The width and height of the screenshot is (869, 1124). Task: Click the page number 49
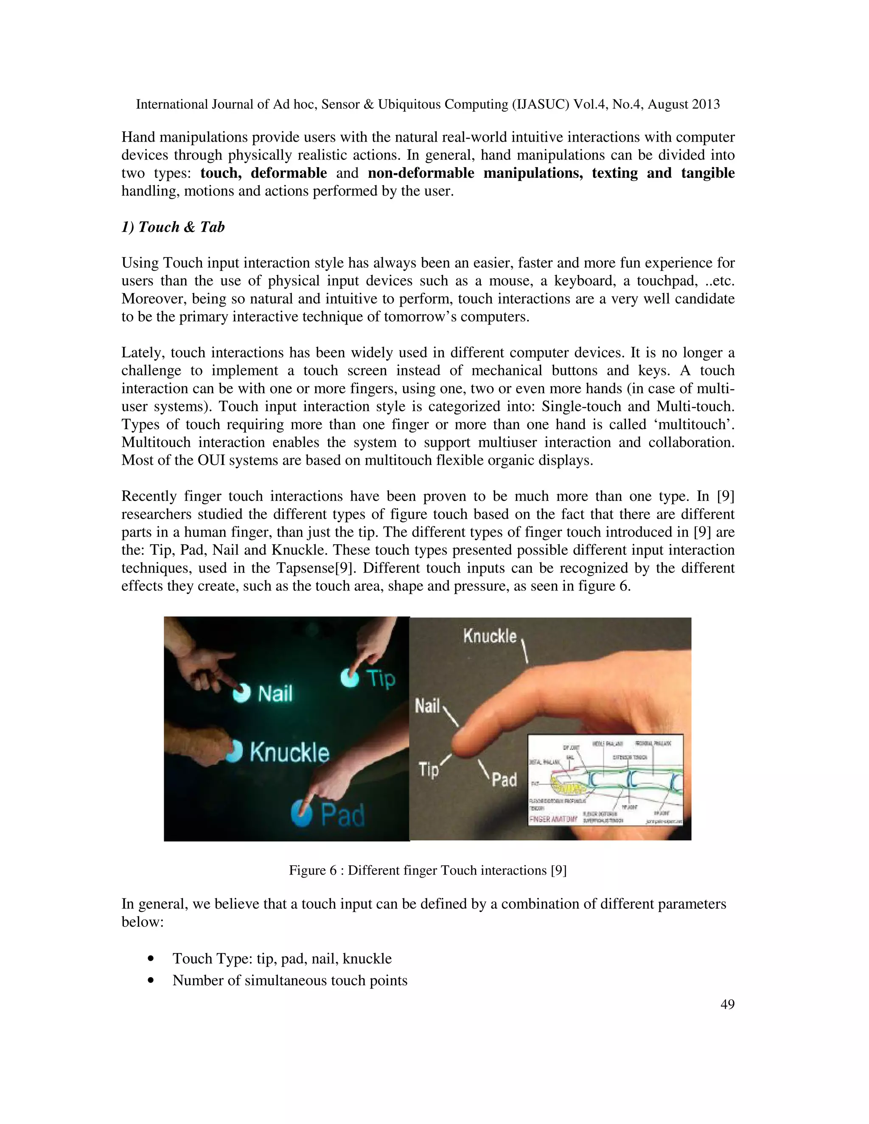[x=727, y=1004]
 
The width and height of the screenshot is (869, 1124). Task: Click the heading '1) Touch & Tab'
[x=173, y=227]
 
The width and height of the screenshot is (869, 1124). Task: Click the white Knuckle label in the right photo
[x=490, y=636]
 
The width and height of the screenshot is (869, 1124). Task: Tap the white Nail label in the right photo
[x=427, y=705]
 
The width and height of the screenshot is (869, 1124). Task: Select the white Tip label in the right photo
[x=428, y=770]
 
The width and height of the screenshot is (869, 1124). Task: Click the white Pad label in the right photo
[x=504, y=779]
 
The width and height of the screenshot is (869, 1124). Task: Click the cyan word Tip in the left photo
[x=381, y=678]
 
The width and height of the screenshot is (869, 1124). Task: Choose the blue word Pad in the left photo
[x=343, y=814]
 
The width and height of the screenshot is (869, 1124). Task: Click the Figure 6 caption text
[x=427, y=870]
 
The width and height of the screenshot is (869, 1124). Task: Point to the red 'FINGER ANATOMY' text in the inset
[x=553, y=819]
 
